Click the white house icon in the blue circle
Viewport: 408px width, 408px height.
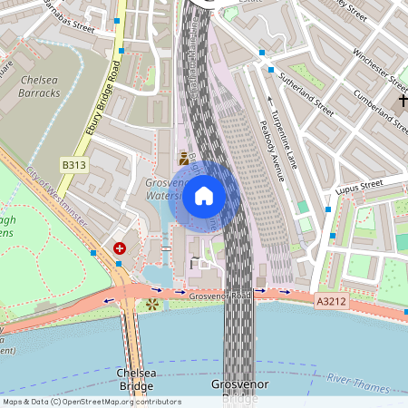pyautogui.click(x=204, y=196)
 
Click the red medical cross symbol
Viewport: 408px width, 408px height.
pyautogui.click(x=120, y=248)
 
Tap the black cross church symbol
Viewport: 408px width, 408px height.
pyautogui.click(x=403, y=99)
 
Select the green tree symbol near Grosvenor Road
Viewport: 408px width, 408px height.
pyautogui.click(x=151, y=304)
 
